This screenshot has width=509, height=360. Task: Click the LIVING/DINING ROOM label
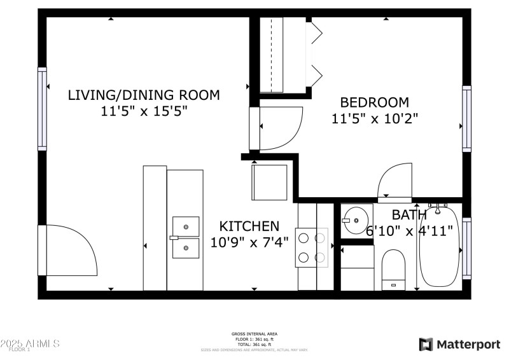point(144,95)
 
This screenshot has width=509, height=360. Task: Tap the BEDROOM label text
point(374,102)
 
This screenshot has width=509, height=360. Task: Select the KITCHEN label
point(249,226)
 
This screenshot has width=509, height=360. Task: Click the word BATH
point(409,215)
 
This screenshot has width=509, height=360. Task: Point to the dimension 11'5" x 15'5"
point(144,111)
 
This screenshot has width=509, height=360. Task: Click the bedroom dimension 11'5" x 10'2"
point(374,118)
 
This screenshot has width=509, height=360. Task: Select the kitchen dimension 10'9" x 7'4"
point(249,242)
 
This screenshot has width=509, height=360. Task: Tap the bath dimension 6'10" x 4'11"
point(409,230)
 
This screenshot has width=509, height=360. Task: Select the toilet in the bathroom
point(393,268)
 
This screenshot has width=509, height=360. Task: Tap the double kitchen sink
point(185,237)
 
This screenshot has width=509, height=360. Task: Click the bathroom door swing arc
point(394,182)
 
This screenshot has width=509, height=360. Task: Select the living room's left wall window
point(43,109)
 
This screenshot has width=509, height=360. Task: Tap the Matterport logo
point(459,344)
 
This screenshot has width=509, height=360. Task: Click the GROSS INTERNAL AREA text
point(254,334)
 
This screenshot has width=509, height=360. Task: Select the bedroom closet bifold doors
point(313,54)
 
